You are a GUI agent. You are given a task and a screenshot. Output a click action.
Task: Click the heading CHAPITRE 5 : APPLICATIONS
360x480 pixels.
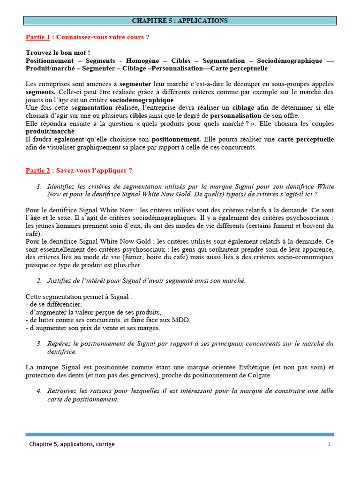click(180, 21)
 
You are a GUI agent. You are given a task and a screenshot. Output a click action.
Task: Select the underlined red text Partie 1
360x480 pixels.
click(37, 37)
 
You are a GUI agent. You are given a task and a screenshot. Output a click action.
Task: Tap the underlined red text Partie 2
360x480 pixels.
click(37, 170)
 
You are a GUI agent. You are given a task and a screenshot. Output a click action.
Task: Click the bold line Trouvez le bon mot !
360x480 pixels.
click(58, 53)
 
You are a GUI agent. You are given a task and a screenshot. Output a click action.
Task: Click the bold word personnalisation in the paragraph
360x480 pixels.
click(235, 115)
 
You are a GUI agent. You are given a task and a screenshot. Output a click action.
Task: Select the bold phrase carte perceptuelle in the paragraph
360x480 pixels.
click(306, 139)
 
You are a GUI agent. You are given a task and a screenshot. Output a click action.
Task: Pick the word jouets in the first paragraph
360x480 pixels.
click(35, 100)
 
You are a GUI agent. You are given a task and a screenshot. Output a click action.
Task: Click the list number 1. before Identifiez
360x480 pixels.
click(39, 187)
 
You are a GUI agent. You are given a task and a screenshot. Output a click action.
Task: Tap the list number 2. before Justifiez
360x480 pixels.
click(39, 280)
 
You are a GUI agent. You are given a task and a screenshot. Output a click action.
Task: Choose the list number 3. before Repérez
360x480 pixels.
click(39, 344)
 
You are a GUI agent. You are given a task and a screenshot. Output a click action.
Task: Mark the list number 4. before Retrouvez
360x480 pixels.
click(39, 391)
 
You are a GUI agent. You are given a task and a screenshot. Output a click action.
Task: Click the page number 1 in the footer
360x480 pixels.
click(330, 444)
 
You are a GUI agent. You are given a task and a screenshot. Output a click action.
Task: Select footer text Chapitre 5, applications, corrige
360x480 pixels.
click(72, 444)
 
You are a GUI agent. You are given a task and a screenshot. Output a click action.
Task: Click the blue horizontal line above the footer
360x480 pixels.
click(180, 435)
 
